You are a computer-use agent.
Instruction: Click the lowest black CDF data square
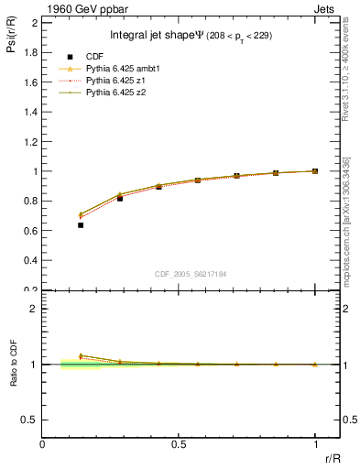pyautogui.click(x=82, y=224)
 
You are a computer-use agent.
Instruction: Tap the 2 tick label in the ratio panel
pyautogui.click(x=35, y=309)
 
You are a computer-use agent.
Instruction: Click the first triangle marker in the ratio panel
pyautogui.click(x=82, y=355)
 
